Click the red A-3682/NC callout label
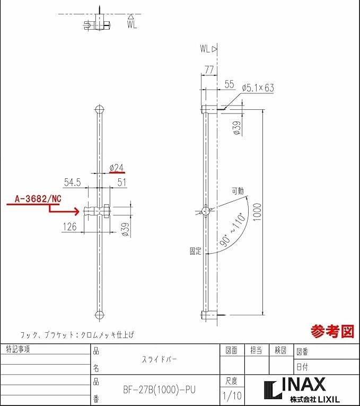[38, 199]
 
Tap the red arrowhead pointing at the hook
[76, 212]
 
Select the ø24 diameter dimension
[117, 168]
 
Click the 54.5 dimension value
[73, 182]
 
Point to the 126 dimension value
[70, 227]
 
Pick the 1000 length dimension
[257, 212]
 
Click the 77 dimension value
[209, 70]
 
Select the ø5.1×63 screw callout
[258, 88]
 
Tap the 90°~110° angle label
[232, 229]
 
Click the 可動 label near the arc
[238, 191]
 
